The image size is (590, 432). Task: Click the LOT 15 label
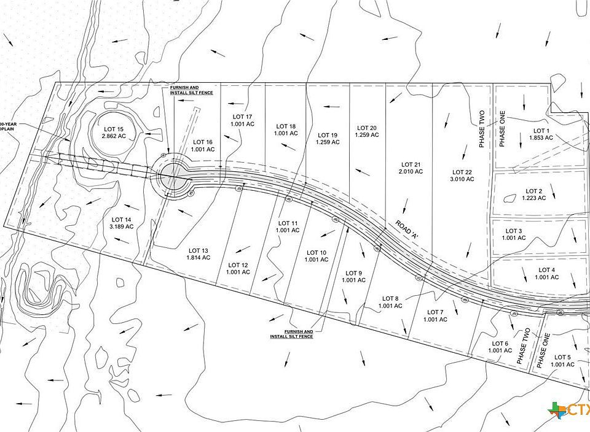[112, 129]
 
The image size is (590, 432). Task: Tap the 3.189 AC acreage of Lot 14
[122, 227]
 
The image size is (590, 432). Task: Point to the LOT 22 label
[461, 172]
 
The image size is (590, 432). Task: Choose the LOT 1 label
[541, 131]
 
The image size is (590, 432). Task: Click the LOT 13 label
[199, 250]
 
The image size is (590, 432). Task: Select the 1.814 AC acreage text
[199, 258]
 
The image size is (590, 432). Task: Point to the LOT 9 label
[353, 273]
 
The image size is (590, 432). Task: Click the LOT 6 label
[500, 343]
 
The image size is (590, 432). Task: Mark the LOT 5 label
[562, 357]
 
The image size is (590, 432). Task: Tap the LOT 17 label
[242, 117]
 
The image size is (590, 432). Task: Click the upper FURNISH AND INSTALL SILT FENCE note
[184, 90]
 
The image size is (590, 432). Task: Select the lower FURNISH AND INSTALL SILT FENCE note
[291, 333]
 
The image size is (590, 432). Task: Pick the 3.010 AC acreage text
[461, 179]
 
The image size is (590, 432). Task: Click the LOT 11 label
[288, 223]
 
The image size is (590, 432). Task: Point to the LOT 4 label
[546, 270]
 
